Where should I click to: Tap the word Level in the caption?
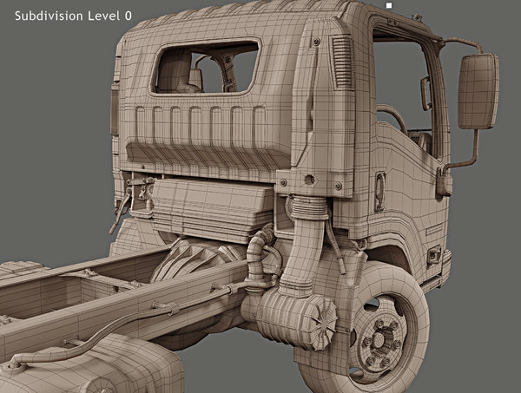coord(105,16)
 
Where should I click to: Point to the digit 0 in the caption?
coord(129,16)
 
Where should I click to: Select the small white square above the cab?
coord(390,5)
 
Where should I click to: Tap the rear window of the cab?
coord(206,68)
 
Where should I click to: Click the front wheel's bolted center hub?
coord(383,334)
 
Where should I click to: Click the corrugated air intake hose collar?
coord(305,207)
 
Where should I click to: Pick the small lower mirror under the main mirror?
coord(444,181)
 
